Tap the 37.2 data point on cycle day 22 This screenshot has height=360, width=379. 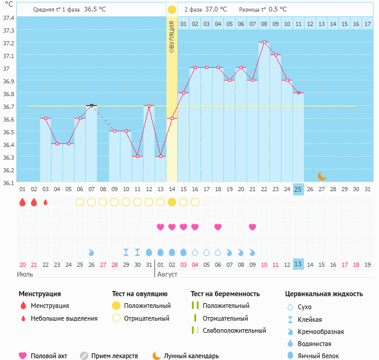click(x=264, y=42)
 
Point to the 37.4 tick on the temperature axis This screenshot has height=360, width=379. click(x=8, y=17)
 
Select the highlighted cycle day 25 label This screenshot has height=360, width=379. click(x=298, y=189)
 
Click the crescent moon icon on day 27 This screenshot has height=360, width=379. click(x=322, y=176)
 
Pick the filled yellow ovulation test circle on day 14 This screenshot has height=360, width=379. click(x=172, y=201)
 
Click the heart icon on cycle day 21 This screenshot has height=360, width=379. click(x=252, y=227)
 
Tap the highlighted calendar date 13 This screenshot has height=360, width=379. click(x=298, y=264)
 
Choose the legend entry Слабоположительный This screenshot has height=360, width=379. click(x=234, y=330)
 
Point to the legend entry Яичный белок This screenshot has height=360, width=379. click(x=318, y=356)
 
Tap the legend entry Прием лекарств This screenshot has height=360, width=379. click(x=114, y=356)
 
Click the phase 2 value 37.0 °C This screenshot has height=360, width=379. click(x=216, y=10)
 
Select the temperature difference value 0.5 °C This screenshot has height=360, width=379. click(x=278, y=10)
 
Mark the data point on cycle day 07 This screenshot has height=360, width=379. click(x=91, y=105)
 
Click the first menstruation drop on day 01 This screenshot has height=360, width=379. click(x=22, y=201)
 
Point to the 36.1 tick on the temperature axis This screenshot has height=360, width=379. click(x=8, y=182)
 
